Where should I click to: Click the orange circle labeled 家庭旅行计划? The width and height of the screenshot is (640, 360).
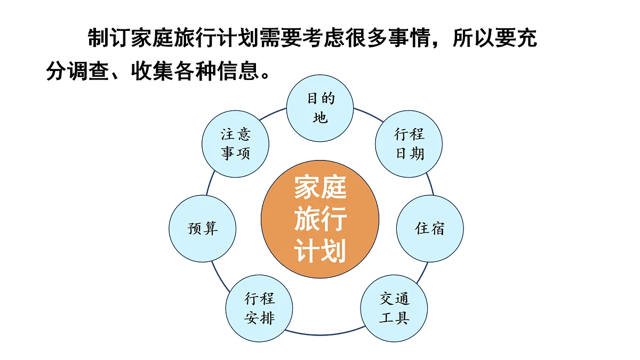click(x=320, y=219)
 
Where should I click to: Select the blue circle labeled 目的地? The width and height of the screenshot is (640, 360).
click(x=320, y=108)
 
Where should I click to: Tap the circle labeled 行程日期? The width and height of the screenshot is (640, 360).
click(x=409, y=143)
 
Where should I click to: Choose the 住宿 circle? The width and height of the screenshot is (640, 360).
click(x=430, y=229)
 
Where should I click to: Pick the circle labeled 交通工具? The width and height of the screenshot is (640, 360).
click(x=394, y=308)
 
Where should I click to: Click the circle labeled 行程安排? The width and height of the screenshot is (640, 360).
click(x=259, y=308)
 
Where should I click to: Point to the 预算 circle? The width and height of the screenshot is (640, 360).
click(x=203, y=229)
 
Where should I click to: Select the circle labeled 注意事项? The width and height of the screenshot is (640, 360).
click(x=235, y=143)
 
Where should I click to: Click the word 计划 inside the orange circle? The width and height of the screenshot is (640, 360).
click(x=321, y=251)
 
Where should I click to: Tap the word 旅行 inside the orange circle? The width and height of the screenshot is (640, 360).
click(x=321, y=219)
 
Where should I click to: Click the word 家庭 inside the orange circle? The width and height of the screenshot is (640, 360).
click(x=321, y=187)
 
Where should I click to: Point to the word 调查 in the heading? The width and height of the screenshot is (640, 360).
click(x=89, y=70)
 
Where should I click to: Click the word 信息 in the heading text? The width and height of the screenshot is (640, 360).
click(x=238, y=70)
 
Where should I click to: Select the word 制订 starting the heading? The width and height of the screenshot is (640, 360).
click(x=109, y=38)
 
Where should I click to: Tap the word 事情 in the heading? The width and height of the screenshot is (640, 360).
click(x=410, y=38)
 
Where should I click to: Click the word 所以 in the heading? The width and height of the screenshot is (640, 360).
click(x=474, y=38)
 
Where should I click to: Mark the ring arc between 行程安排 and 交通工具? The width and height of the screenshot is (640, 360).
click(x=325, y=334)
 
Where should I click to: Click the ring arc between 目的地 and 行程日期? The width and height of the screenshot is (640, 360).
click(x=369, y=114)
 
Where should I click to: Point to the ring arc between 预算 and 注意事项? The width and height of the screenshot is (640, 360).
click(x=210, y=183)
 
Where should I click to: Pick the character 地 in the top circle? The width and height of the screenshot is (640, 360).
click(x=320, y=118)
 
